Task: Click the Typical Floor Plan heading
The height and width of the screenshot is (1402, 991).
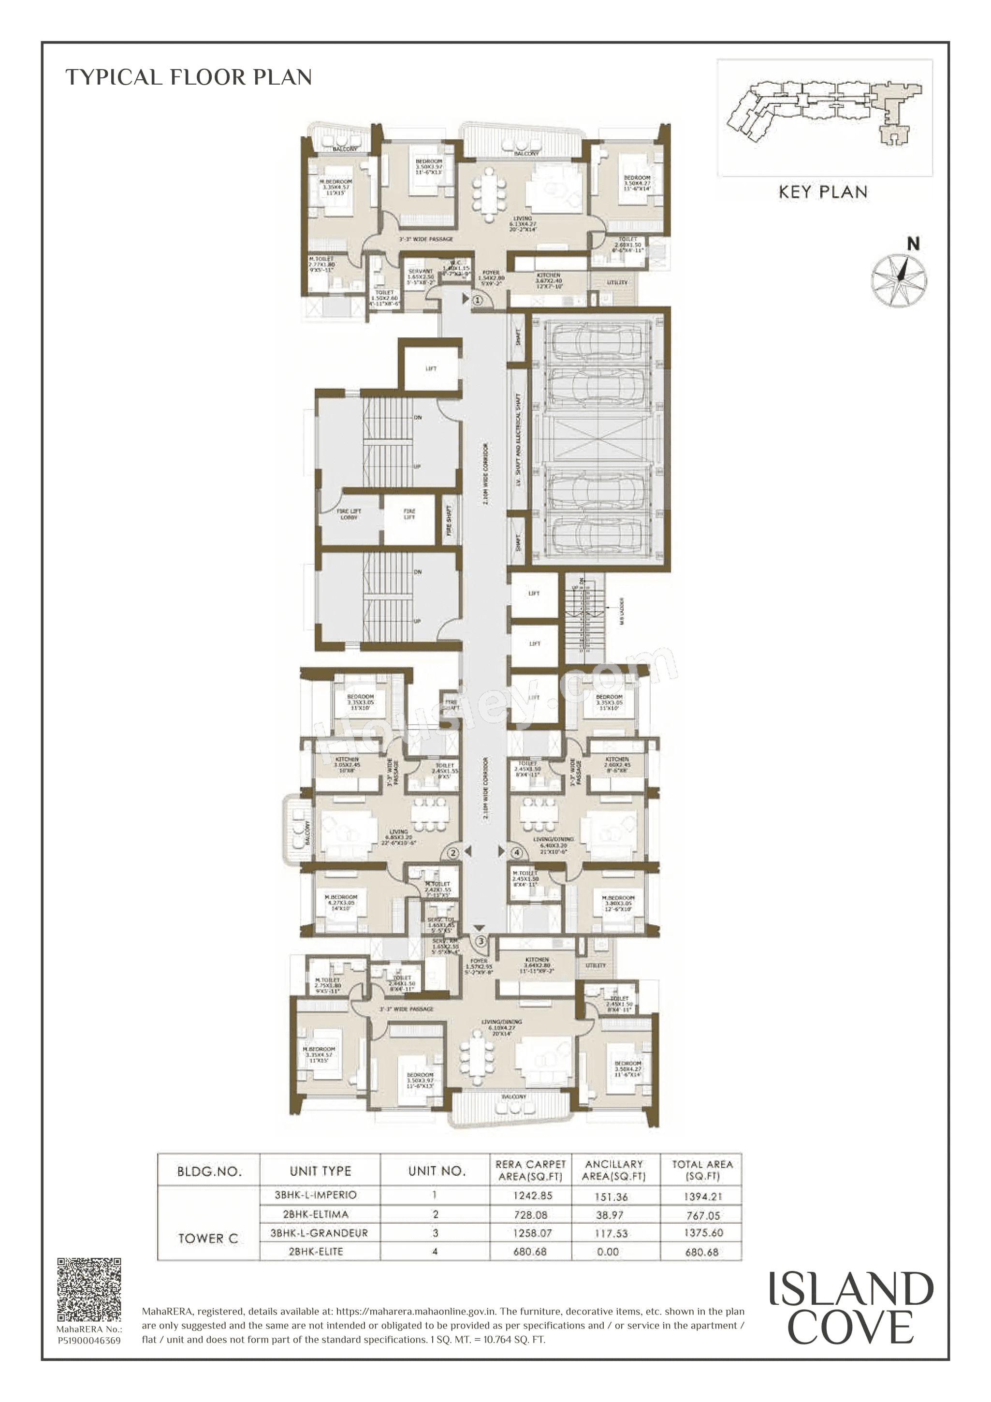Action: click(189, 77)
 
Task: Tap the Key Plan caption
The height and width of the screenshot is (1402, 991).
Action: click(822, 192)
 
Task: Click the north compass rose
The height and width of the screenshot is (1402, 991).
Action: click(898, 279)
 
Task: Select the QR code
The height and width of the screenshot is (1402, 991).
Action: click(89, 1289)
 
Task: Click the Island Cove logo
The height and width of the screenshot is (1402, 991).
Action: click(850, 1308)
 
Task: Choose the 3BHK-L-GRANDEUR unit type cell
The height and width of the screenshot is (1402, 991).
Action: click(320, 1233)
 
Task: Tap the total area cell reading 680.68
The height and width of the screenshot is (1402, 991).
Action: click(701, 1252)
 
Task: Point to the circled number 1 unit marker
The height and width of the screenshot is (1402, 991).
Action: click(478, 300)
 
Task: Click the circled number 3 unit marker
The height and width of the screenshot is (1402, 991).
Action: click(481, 941)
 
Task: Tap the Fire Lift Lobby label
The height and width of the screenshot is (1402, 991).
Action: click(349, 514)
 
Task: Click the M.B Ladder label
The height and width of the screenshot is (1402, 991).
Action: click(622, 611)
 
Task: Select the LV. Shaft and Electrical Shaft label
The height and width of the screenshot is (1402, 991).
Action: click(518, 439)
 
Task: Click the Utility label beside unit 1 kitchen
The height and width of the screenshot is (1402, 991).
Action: click(617, 283)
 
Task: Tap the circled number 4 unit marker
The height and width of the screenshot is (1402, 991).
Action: click(517, 852)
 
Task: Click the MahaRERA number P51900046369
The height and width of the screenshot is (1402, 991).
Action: click(89, 1340)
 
